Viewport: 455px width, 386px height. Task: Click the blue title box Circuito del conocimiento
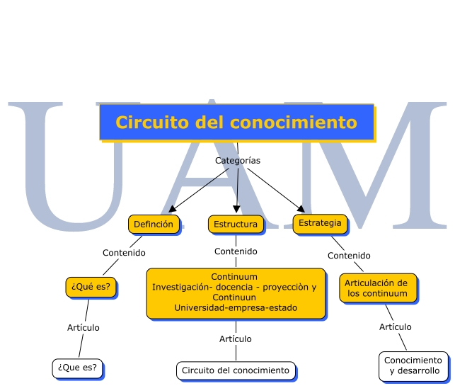237,123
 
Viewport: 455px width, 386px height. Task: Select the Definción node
154,225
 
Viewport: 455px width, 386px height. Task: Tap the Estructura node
236,225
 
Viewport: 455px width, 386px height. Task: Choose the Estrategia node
320,224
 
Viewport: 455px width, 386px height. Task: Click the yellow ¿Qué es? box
91,287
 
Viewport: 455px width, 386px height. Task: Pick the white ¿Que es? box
77,368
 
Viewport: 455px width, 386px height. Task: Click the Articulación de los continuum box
378,288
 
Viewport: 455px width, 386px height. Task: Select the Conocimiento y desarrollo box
414,365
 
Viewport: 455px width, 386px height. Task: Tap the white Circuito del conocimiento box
236,370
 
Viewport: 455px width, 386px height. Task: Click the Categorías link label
238,160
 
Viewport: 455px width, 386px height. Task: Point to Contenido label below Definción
124,253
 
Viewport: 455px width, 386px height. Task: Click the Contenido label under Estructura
236,251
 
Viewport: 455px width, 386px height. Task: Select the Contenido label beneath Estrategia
349,256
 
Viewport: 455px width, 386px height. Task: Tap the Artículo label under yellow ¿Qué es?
83,328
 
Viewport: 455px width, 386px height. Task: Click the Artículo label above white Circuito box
236,339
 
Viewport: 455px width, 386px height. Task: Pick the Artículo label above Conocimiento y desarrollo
396,327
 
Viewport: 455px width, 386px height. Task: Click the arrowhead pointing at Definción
172,209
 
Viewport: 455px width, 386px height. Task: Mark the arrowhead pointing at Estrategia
301,208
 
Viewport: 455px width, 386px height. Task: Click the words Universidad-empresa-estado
236,308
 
